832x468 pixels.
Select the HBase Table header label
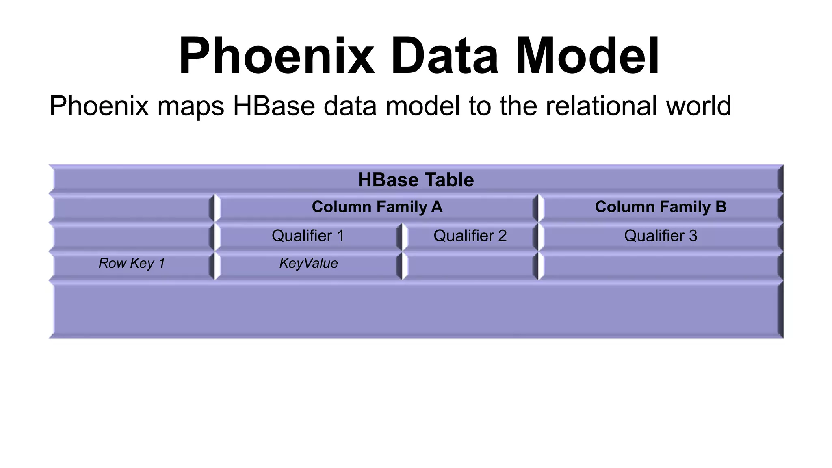416,180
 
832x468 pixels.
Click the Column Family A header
377,207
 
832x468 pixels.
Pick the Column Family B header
661,207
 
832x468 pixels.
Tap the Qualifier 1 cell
308,236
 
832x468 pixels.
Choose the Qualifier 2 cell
470,236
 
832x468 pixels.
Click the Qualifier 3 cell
661,236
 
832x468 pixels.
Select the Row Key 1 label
132,263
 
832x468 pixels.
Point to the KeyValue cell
308,263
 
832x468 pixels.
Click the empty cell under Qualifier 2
470,266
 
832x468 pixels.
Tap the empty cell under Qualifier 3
661,266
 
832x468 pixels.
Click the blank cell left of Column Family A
132,208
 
